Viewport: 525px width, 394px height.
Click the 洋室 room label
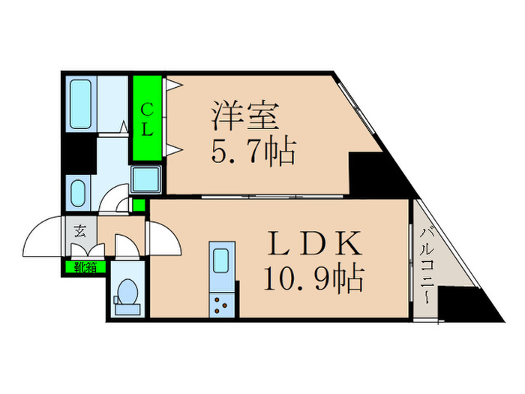[x=245, y=116]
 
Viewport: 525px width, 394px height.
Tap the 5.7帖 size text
[x=253, y=152]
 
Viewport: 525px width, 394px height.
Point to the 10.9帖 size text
[x=313, y=278]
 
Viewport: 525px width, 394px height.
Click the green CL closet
[x=147, y=118]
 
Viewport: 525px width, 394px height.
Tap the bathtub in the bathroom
[x=81, y=104]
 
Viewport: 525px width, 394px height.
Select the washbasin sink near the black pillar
[x=78, y=194]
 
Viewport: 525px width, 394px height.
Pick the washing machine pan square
[x=145, y=179]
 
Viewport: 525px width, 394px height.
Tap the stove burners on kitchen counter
[x=222, y=305]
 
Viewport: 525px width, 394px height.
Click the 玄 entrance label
[x=79, y=231]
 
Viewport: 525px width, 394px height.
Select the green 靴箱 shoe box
[x=85, y=267]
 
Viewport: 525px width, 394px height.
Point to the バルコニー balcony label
[x=425, y=266]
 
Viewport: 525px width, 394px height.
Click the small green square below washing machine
[x=139, y=205]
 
